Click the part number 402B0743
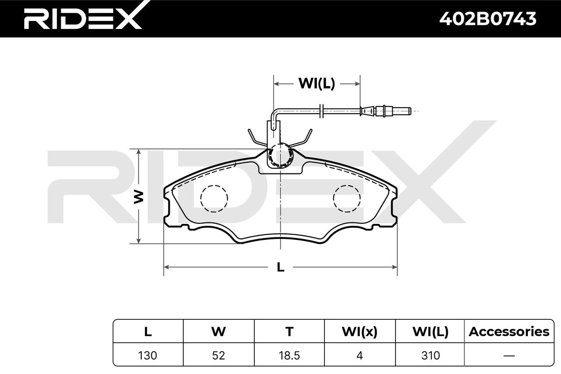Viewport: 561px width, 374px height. point(488,19)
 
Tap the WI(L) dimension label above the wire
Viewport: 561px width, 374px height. point(316,83)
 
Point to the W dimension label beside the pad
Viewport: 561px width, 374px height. point(138,197)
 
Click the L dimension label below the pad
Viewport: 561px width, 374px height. point(280,267)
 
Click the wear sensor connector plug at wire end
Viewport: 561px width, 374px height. point(385,111)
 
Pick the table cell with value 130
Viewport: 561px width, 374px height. point(148,355)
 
